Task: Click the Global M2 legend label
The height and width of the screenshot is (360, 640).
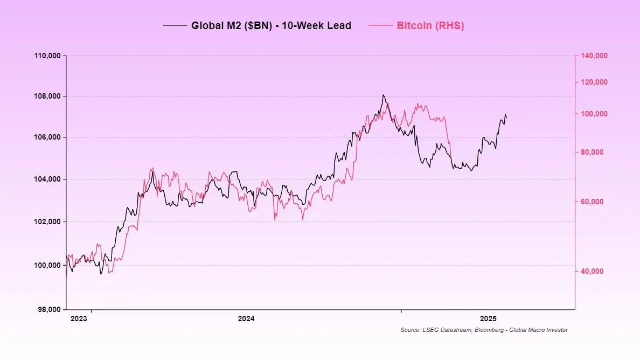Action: [x=271, y=25]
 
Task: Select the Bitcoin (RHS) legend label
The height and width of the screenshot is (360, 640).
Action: [x=430, y=25]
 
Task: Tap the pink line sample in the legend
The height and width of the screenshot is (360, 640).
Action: [x=381, y=25]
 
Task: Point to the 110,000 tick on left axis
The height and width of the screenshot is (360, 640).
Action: [x=47, y=56]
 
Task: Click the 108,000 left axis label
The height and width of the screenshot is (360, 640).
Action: [x=47, y=96]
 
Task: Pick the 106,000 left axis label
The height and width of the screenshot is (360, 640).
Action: [x=47, y=137]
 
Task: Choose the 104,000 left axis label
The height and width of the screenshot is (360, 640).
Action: [x=47, y=179]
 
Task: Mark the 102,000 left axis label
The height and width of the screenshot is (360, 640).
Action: [x=47, y=221]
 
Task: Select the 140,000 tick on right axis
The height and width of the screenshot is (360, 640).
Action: [x=593, y=56]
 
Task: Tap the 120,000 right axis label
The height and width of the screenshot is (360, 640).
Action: [x=593, y=82]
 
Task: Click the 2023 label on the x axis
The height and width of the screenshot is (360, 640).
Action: [x=79, y=319]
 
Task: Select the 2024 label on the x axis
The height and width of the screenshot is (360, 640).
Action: [x=246, y=319]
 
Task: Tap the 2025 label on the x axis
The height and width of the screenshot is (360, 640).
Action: [x=489, y=319]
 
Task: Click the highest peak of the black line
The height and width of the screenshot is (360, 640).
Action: [x=383, y=95]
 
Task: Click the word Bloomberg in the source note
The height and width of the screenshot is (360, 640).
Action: [x=488, y=330]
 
